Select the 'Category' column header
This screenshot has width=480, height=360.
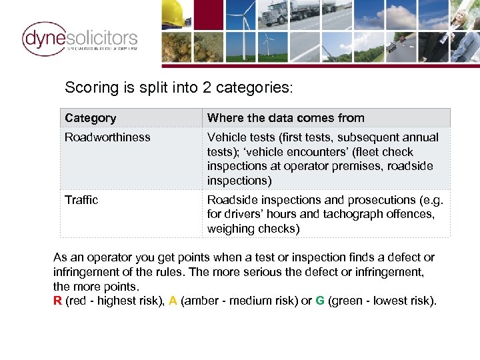(91, 118)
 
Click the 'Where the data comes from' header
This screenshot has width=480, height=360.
(285, 118)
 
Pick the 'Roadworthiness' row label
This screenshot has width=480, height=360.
(107, 137)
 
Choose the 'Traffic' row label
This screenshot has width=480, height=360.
(81, 200)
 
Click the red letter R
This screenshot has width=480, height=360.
(57, 301)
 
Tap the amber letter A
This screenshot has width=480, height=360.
(173, 301)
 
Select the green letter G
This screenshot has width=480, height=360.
(320, 301)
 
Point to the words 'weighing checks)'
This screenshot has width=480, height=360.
(253, 229)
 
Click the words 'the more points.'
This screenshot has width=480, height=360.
(96, 286)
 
